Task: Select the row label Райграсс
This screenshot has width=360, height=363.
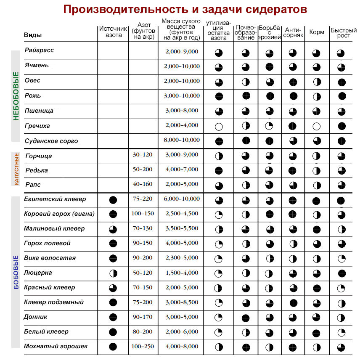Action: [39, 50]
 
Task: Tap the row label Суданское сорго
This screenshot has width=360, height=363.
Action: [51, 141]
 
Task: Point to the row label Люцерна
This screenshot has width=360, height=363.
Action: [38, 273]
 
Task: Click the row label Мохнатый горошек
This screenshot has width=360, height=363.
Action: [56, 346]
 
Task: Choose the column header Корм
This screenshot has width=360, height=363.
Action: [317, 32]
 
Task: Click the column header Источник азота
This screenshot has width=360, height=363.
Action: [113, 32]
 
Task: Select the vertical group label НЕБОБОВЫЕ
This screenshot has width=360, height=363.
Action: [16, 96]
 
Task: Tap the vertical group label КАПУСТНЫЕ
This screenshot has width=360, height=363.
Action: [16, 169]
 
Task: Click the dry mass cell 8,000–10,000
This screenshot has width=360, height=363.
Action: [182, 140]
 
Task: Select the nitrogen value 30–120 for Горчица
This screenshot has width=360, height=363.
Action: [143, 155]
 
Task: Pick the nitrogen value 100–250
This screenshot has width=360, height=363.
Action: [143, 347]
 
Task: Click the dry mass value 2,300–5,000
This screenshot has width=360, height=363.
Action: [182, 258]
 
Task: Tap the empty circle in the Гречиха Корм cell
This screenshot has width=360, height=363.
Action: [316, 126]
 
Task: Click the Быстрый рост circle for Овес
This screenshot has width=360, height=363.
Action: [341, 82]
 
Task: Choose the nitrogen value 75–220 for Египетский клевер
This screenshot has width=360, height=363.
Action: [143, 199]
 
